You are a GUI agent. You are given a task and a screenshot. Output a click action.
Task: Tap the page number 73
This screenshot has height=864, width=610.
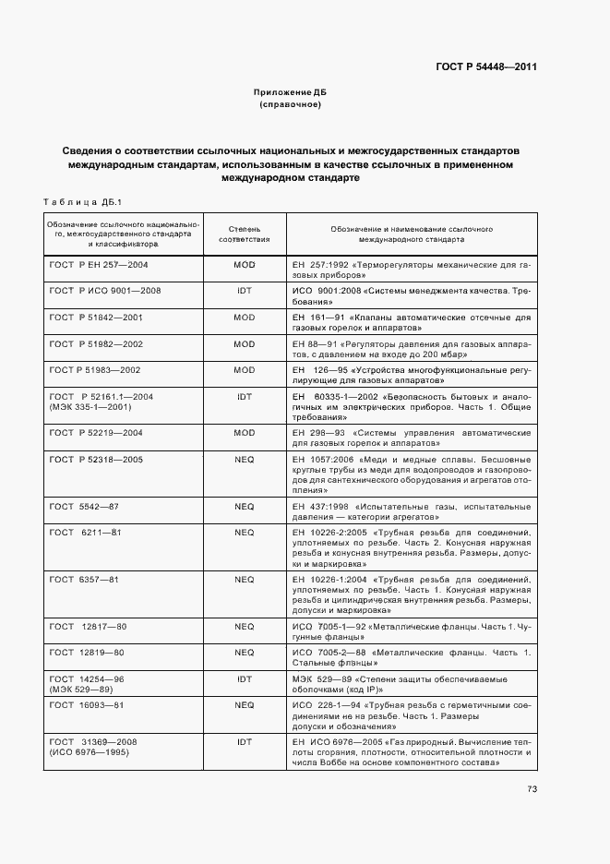pyautogui.click(x=532, y=788)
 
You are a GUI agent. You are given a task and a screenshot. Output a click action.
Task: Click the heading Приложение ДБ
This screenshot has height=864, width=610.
pyautogui.click(x=291, y=93)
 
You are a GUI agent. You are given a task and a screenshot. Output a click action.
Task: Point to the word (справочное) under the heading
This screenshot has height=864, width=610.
pyautogui.click(x=291, y=105)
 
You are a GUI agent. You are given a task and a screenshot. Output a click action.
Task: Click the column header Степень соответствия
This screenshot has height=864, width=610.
pyautogui.click(x=245, y=233)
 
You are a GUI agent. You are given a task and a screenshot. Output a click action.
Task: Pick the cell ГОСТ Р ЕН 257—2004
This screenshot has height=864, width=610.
pyautogui.click(x=99, y=264)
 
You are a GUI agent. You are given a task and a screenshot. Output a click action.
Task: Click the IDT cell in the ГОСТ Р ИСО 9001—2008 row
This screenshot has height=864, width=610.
pyautogui.click(x=245, y=291)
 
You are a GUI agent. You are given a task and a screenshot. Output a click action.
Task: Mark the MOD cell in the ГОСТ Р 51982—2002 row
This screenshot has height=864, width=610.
pyautogui.click(x=245, y=343)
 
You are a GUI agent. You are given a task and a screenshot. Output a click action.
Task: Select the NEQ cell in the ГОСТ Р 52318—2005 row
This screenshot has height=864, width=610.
pyautogui.click(x=245, y=459)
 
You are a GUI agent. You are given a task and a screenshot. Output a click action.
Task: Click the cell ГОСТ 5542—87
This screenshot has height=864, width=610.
pyautogui.click(x=84, y=507)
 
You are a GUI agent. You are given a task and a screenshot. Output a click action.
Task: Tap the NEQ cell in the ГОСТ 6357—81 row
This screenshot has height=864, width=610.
pyautogui.click(x=245, y=580)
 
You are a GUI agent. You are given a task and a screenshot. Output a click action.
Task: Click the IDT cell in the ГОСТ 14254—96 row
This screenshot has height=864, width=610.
pyautogui.click(x=245, y=678)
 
